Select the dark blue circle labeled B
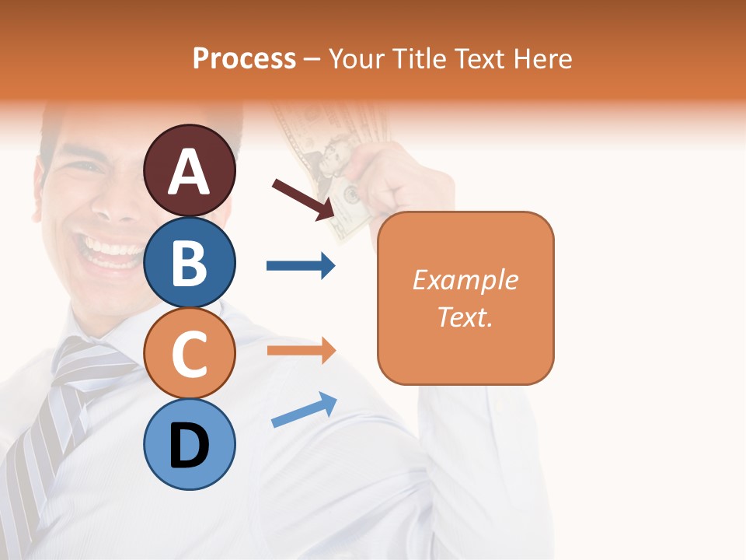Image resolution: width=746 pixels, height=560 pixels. [x=190, y=262]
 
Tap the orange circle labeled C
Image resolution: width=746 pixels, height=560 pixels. [x=190, y=353]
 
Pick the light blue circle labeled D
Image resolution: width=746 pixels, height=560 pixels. [x=190, y=445]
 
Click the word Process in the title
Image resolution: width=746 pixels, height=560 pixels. [x=244, y=58]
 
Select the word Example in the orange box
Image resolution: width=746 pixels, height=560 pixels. [x=465, y=280]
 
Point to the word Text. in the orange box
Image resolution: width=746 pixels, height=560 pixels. [x=465, y=317]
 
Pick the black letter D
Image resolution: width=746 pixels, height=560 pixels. [x=190, y=447]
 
